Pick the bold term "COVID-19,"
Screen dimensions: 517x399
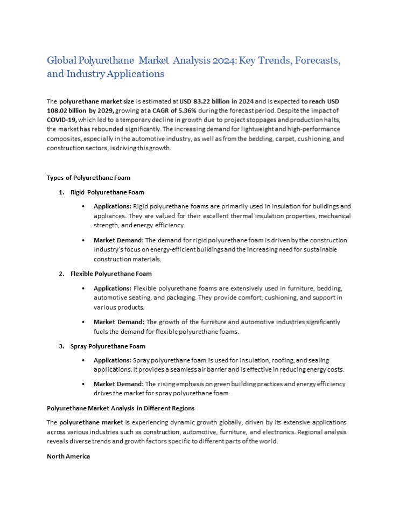(62, 120)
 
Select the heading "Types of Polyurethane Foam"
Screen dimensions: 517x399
(88, 178)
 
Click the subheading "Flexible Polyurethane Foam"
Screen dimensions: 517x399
(111, 274)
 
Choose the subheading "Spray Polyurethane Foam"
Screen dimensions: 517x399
(108, 346)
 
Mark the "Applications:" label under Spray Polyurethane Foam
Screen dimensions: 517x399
(112, 360)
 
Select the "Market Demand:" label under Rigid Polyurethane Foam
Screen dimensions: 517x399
(118, 240)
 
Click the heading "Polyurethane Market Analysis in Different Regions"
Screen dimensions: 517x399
(121, 408)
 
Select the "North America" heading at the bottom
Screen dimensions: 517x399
(68, 456)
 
